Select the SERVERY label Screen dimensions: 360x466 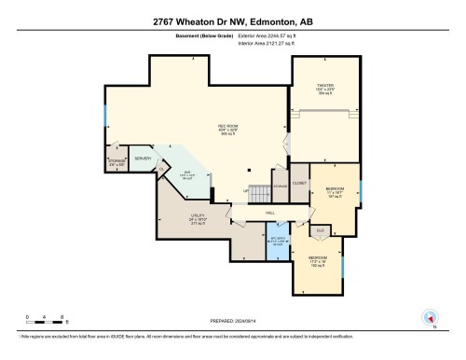coord(143,159)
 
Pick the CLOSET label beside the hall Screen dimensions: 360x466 coord(299,183)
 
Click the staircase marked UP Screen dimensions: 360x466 coord(264,193)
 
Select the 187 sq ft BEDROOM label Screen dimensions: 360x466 coord(335,193)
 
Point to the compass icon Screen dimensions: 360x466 coord(430,318)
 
